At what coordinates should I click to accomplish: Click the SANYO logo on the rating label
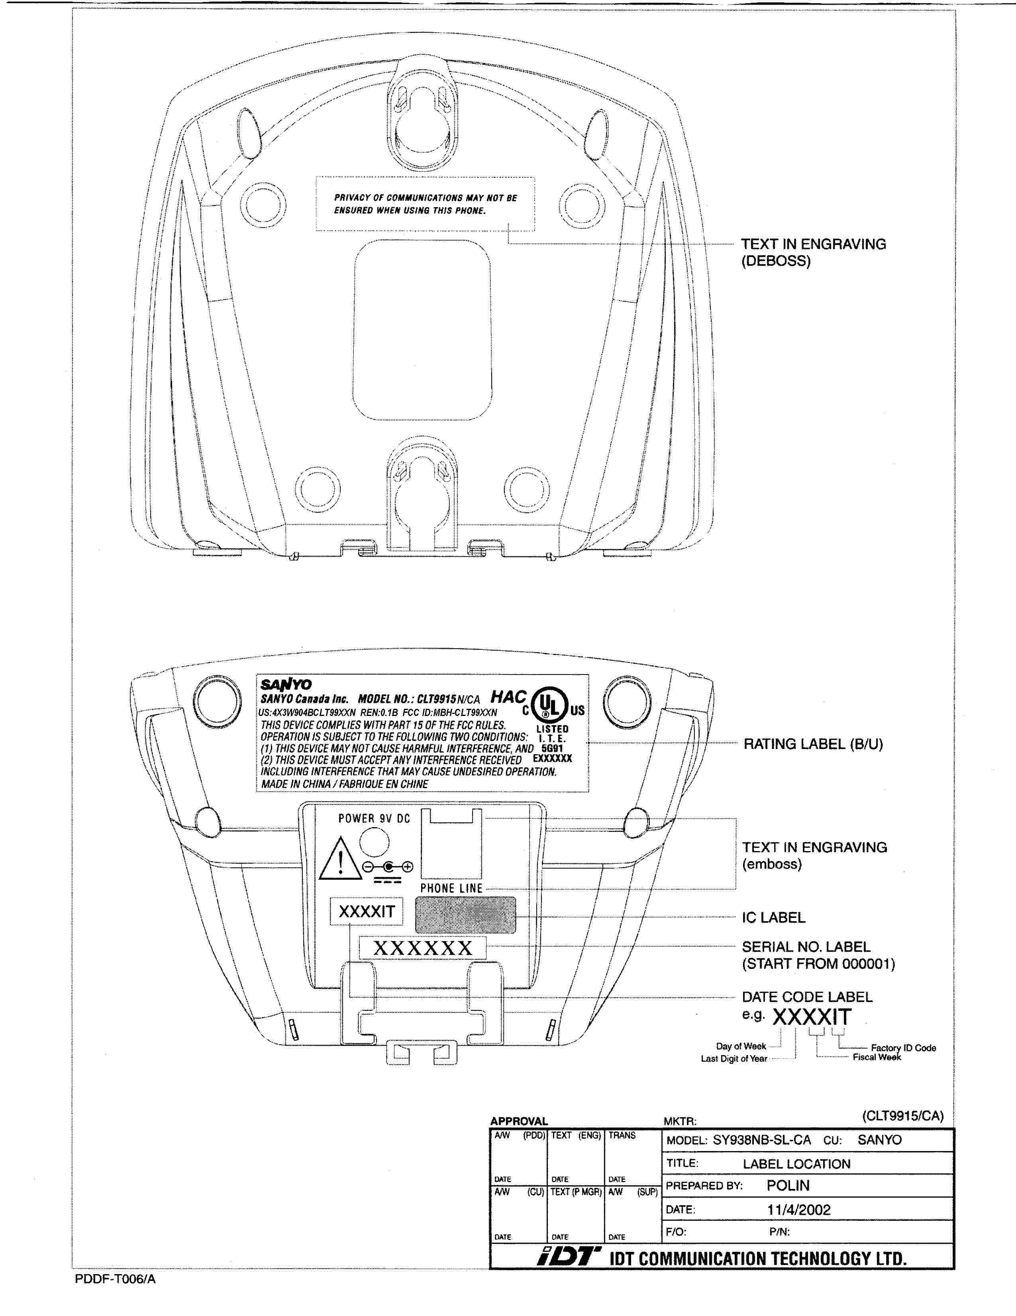point(286,684)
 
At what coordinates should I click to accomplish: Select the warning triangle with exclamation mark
point(341,859)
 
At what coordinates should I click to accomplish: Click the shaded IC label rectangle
point(465,915)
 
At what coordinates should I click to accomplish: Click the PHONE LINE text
point(451,888)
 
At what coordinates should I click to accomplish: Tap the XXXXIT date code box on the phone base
point(367,912)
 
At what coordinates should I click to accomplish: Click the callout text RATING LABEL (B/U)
point(813,744)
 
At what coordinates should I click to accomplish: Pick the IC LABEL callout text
point(773,918)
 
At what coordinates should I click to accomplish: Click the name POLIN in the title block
point(788,1186)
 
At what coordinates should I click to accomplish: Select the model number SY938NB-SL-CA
point(762,1140)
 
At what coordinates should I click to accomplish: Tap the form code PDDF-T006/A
point(115,1279)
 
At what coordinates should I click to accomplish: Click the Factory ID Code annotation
point(903,1048)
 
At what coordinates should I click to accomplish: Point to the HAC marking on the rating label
point(508,697)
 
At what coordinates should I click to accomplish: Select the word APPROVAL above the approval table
point(518,1122)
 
